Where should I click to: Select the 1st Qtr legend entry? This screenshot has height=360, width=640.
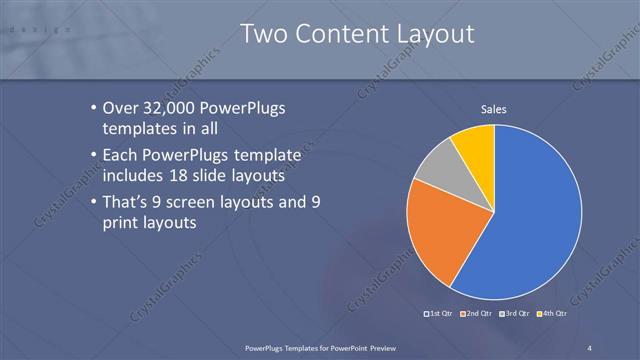(x=439, y=314)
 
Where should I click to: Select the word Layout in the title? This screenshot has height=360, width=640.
(x=430, y=36)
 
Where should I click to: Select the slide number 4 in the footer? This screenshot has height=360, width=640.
(x=589, y=346)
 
